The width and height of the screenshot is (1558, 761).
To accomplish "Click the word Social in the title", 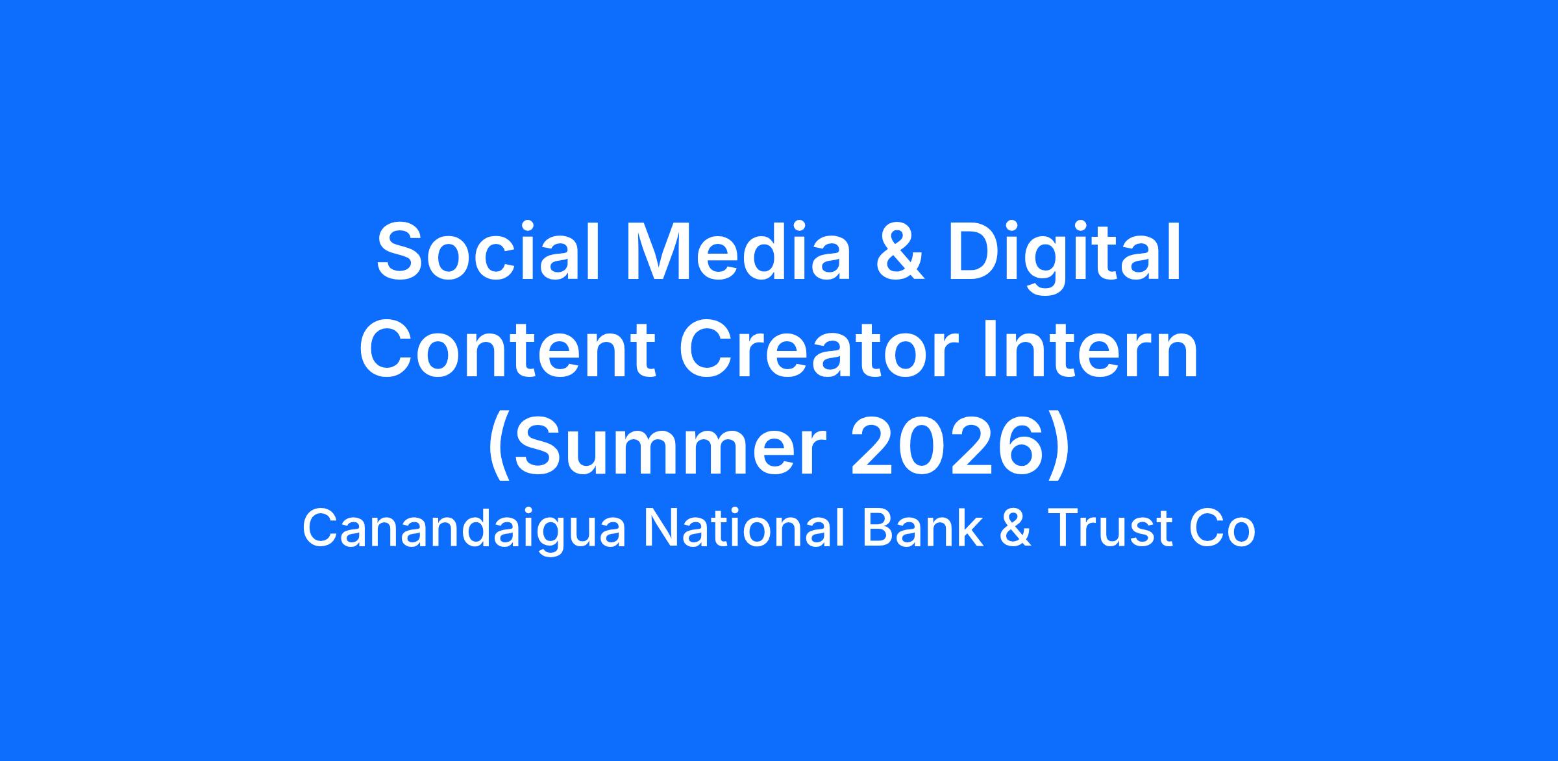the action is pyautogui.click(x=488, y=252).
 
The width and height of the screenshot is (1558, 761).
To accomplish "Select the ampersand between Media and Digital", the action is pyautogui.click(x=899, y=252).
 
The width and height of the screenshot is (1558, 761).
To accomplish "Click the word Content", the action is pyautogui.click(x=507, y=350).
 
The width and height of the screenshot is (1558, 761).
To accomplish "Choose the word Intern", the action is pyautogui.click(x=1090, y=350).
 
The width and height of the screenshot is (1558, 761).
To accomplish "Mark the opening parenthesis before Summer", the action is pyautogui.click(x=501, y=448).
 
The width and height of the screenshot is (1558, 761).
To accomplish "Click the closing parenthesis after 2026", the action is pyautogui.click(x=1057, y=448).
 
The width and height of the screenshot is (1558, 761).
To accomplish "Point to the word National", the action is pyautogui.click(x=745, y=529).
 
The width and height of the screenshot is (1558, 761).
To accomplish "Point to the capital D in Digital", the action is pyautogui.click(x=976, y=252).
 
